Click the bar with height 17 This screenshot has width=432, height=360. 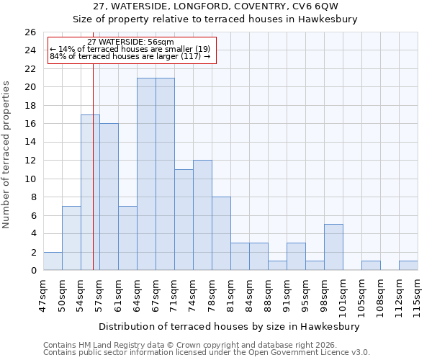coord(90,192)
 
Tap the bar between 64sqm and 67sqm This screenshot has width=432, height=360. coord(146,174)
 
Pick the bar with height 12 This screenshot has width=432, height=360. coord(202,215)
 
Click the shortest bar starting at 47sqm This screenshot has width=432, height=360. coord(53,261)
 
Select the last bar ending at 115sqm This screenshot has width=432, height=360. coord(408,266)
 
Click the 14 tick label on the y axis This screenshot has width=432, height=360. coord(30,143)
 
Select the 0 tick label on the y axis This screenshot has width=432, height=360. coord(33,271)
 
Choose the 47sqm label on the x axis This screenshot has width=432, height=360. coord(44,292)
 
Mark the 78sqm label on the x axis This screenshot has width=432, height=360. coord(212,292)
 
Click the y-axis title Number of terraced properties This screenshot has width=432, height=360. coord(7,154)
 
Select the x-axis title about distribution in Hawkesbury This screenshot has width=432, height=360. coord(228,326)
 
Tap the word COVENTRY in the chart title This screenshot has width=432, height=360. coord(258,6)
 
